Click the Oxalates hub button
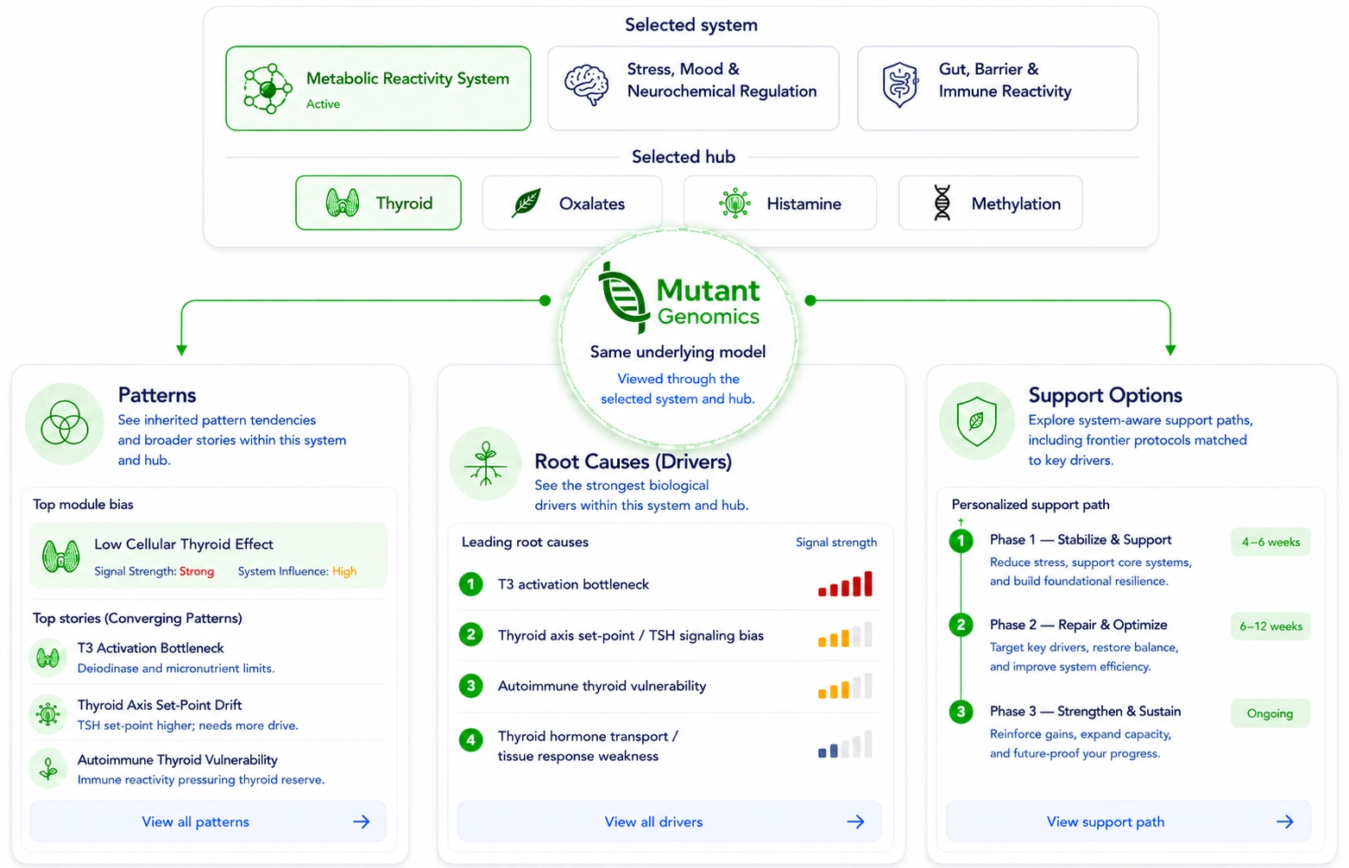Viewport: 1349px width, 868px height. coord(572,203)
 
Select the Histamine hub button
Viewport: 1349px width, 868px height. coord(780,203)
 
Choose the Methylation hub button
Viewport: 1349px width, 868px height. coord(991,203)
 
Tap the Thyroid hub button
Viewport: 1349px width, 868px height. coord(378,203)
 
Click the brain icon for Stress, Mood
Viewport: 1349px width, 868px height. coord(586,85)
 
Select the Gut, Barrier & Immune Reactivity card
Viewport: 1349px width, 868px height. coord(998,88)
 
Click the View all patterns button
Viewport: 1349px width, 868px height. coord(208,821)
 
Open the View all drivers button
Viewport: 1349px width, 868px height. coord(669,821)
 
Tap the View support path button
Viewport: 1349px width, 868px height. coord(1128,821)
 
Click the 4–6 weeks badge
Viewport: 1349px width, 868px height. coord(1270,542)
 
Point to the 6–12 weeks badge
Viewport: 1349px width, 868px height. coord(1270,626)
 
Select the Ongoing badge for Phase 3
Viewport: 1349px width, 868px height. coord(1270,714)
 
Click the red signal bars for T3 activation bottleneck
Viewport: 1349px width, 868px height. coord(845,584)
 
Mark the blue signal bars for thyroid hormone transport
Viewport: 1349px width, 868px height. coord(828,751)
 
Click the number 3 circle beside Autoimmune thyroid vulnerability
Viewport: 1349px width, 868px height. coord(471,686)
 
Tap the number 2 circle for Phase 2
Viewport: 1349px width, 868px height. coord(961,625)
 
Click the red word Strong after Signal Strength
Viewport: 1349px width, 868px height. coord(196,571)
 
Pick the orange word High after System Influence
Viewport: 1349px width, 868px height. coord(344,571)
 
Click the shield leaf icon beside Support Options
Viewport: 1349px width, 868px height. coord(976,421)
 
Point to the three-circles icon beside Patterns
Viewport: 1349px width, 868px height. coord(64,423)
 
